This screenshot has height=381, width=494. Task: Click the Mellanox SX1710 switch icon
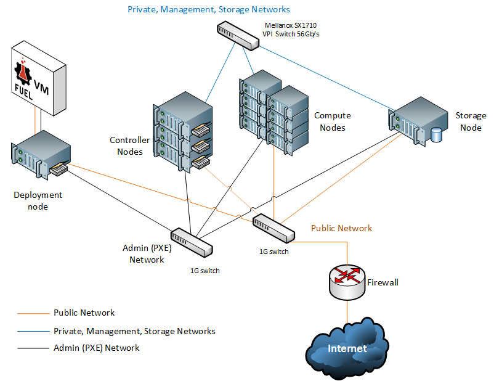coord(238,36)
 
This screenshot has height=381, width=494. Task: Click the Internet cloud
coord(347,349)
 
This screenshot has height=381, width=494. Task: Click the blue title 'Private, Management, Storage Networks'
coord(208,10)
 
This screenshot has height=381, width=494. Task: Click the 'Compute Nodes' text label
coord(332,121)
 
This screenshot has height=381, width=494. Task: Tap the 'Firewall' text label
coord(383,282)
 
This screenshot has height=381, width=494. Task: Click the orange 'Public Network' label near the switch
coord(341,228)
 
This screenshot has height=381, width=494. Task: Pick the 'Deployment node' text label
coord(38,200)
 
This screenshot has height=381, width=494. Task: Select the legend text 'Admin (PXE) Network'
coord(97,348)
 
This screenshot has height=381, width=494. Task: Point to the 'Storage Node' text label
coord(471,121)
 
